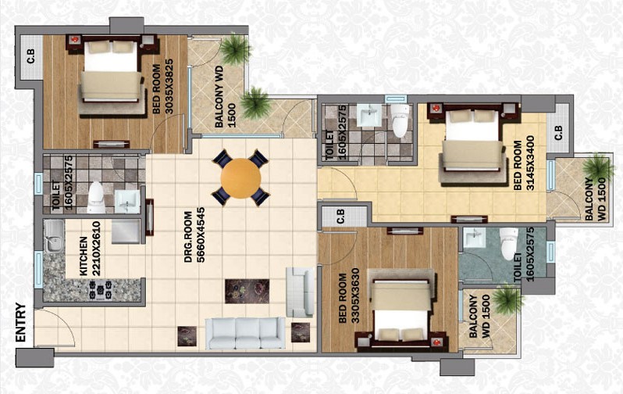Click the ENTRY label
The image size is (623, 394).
20,322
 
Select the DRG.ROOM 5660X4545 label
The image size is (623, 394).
194,237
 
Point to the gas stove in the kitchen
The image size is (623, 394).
100,289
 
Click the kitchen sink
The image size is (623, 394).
54,238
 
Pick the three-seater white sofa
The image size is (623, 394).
245,333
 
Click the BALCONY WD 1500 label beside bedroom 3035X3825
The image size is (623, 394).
226,97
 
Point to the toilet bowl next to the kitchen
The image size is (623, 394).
96,198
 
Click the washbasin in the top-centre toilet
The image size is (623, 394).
369,115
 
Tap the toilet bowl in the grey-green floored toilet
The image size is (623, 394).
508,244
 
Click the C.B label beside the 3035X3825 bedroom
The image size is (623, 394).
30,56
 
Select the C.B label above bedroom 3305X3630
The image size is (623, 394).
341,216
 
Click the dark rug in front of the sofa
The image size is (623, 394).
247,291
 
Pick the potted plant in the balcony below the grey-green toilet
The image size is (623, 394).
504,300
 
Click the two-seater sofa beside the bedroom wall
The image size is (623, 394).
301,292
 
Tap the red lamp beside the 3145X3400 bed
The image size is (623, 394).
436,107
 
